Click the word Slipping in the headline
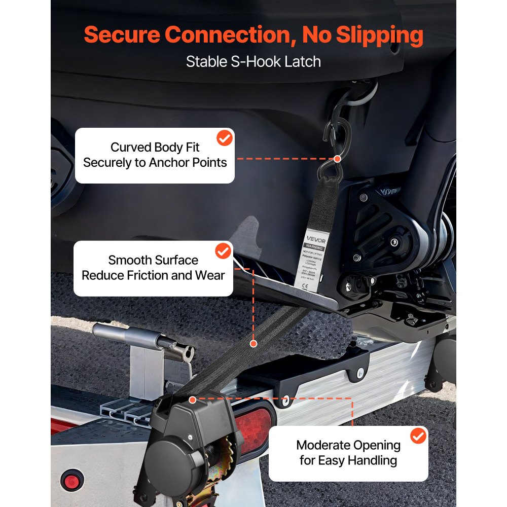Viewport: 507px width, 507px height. [x=363, y=35]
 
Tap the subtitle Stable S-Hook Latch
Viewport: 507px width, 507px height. [x=253, y=62]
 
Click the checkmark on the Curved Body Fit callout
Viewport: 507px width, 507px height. [x=224, y=138]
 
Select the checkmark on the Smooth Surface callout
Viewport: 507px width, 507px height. [x=223, y=251]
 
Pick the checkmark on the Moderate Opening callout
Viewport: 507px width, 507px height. [x=418, y=436]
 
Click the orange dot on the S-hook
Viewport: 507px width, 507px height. [x=338, y=158]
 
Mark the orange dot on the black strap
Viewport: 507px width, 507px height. [x=253, y=343]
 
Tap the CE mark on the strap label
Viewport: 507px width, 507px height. [x=305, y=286]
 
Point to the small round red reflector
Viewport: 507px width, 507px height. [x=72, y=480]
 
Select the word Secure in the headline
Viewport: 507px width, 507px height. [x=121, y=35]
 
